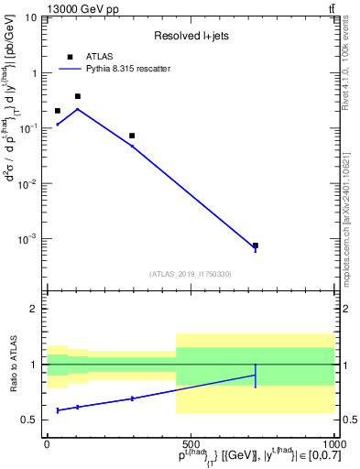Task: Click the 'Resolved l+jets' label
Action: tap(191, 36)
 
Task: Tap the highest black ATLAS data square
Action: tap(78, 96)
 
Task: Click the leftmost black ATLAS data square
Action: tap(58, 111)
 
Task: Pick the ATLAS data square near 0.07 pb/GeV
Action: tap(132, 136)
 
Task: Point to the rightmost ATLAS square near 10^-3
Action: tap(256, 245)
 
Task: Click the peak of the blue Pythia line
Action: tap(78, 109)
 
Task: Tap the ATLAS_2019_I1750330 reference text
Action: tap(191, 273)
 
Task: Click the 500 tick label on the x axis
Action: tap(191, 442)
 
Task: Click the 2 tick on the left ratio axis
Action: tap(34, 309)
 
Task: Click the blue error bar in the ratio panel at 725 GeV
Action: tap(256, 376)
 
